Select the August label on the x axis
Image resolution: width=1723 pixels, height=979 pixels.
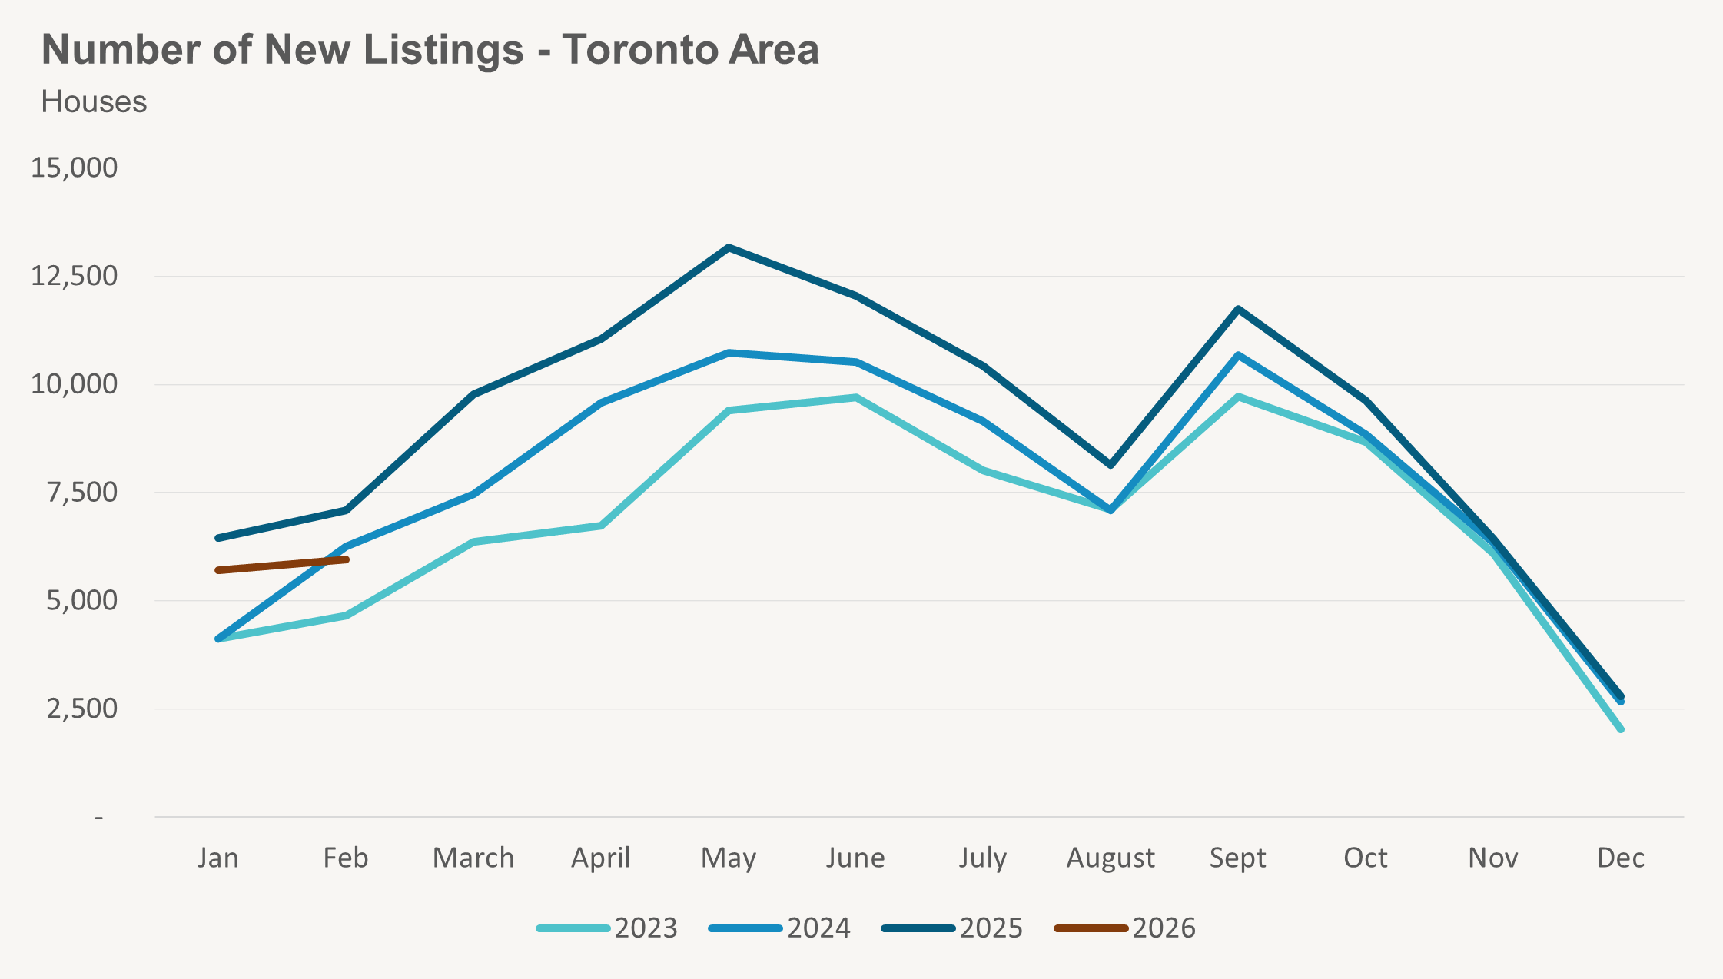coord(1110,858)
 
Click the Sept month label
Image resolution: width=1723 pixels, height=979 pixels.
coord(1237,858)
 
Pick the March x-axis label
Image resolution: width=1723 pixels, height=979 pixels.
coord(473,858)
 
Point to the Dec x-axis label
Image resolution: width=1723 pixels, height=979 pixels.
coord(1620,858)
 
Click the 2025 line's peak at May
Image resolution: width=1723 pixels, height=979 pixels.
coord(729,247)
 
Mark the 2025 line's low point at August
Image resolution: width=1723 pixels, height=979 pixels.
coord(1111,465)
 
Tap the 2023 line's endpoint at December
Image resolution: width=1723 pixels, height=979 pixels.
coord(1621,729)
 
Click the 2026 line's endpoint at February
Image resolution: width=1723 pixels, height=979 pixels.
coord(347,559)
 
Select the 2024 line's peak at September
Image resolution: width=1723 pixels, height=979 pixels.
coord(1238,355)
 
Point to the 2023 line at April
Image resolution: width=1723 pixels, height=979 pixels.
coord(601,526)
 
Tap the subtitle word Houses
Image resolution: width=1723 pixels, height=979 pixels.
coord(94,102)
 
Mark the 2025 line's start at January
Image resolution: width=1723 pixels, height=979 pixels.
coord(218,538)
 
